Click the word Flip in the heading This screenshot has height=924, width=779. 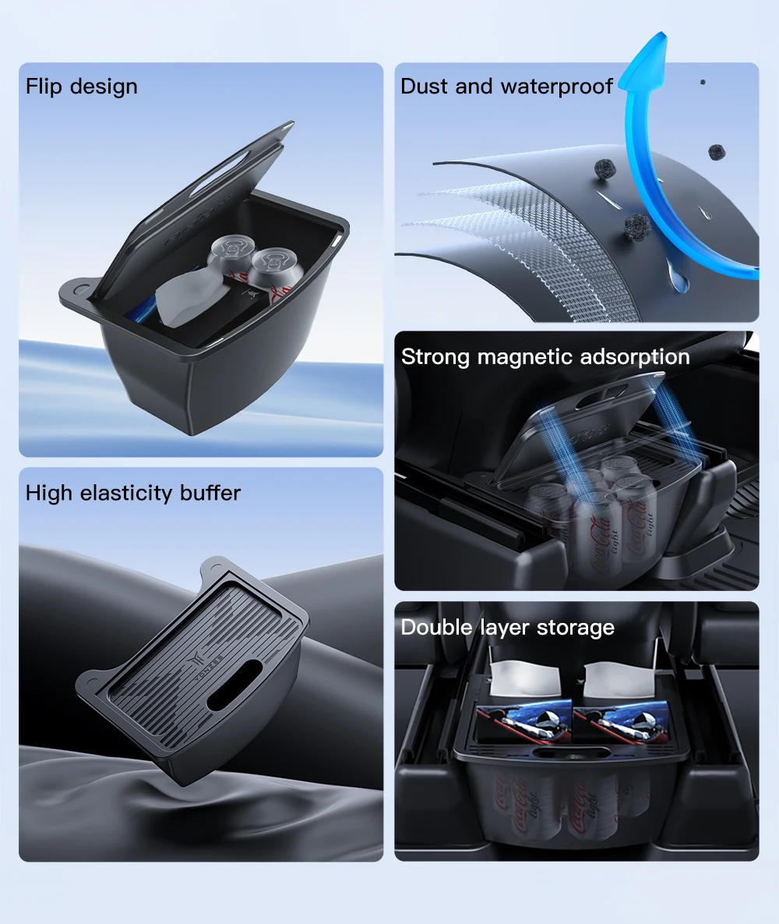[43, 87]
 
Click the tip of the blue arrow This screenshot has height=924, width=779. [662, 33]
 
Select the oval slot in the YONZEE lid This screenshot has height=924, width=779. [235, 684]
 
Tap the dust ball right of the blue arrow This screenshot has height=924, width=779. [717, 152]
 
